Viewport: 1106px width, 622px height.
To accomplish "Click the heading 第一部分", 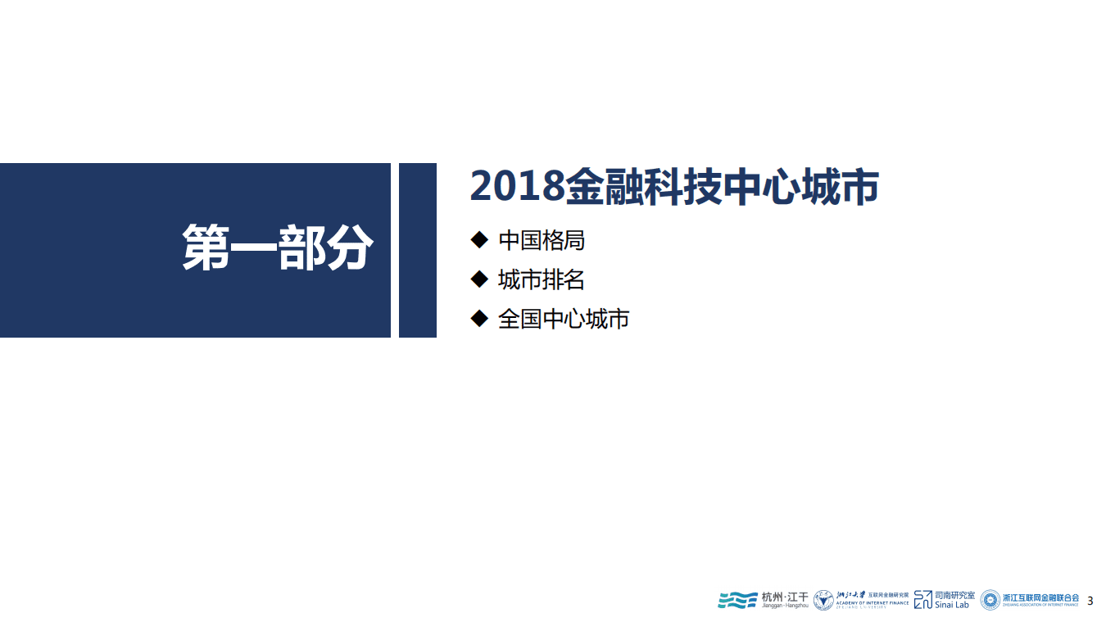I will coord(277,247).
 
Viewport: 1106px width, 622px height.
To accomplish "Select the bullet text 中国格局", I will coord(541,241).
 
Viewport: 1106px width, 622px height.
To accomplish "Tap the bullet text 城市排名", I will coord(541,280).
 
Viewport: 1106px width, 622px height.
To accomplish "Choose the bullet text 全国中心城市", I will coord(563,319).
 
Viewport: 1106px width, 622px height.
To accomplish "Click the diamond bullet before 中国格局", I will coord(479,240).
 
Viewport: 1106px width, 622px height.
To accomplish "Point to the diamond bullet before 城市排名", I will coord(479,279).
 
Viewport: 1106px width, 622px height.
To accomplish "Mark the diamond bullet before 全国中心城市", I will coord(479,318).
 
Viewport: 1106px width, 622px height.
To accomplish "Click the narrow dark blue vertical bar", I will coord(417,250).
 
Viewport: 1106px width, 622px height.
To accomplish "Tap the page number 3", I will coord(1090,602).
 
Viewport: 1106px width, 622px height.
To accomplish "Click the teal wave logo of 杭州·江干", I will coord(737,600).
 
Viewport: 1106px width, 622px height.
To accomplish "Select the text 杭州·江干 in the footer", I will coord(785,596).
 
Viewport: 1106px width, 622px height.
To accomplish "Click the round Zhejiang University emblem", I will coord(823,600).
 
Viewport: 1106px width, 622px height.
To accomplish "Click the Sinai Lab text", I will coord(952,606).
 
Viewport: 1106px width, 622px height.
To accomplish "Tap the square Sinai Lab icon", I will coord(923,599).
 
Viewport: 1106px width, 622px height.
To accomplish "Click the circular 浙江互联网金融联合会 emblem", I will coord(990,600).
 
